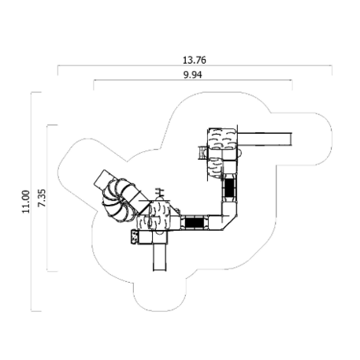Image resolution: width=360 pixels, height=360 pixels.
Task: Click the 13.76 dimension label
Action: click(x=195, y=60)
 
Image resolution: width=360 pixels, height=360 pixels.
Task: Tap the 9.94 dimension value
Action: click(x=193, y=75)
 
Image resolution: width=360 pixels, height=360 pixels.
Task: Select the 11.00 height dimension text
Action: click(x=26, y=202)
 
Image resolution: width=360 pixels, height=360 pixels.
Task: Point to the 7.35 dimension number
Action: click(x=42, y=198)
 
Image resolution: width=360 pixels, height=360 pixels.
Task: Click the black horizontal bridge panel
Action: click(x=195, y=223)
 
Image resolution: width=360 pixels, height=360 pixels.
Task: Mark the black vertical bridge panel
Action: click(x=230, y=187)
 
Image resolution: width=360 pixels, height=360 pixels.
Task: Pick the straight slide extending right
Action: click(x=265, y=139)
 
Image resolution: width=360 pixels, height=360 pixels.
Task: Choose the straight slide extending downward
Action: click(x=160, y=258)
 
